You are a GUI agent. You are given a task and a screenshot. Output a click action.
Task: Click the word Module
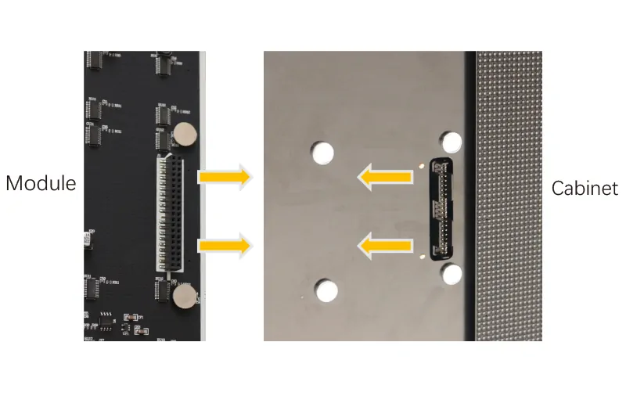[41, 183]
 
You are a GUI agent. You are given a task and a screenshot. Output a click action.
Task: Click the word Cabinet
[585, 188]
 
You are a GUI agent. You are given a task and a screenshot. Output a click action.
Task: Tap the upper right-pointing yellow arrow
[225, 177]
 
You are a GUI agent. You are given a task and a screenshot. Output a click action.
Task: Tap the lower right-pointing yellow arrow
[225, 246]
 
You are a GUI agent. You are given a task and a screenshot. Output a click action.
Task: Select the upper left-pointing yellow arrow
[385, 177]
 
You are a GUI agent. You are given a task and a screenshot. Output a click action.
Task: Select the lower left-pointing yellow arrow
[385, 246]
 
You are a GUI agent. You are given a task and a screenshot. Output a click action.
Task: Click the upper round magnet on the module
[185, 134]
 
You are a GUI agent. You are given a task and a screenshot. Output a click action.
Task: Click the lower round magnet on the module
[185, 297]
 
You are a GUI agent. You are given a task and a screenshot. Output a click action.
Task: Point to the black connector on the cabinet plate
[441, 209]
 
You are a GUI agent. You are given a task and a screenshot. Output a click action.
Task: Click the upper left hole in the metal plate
[322, 153]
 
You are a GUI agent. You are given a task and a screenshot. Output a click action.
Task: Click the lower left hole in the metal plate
[326, 290]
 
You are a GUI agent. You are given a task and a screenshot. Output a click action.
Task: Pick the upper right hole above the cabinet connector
[452, 142]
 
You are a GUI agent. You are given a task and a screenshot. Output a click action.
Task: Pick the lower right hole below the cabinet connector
[452, 274]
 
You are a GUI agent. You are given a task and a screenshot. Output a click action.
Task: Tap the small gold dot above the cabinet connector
[422, 166]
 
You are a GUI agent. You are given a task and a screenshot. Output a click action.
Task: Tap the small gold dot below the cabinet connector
[423, 257]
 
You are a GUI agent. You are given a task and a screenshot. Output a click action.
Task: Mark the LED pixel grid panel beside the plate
[509, 196]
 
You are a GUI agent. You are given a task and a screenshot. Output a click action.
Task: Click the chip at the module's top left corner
[95, 60]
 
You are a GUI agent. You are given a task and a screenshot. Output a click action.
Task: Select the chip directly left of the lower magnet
[163, 290]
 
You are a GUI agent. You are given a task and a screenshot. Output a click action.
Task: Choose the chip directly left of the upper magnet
[163, 140]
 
